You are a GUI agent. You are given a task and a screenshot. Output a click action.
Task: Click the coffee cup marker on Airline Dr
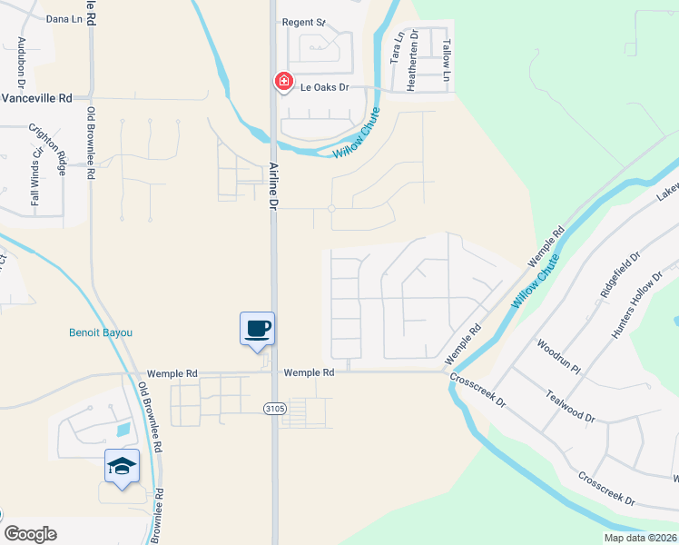[257, 328]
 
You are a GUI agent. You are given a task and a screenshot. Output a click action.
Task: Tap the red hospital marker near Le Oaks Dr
[283, 82]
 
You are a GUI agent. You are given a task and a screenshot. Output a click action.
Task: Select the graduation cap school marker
[122, 467]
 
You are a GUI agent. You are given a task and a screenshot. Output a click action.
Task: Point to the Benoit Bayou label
[101, 332]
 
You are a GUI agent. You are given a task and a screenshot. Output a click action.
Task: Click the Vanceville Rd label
[36, 98]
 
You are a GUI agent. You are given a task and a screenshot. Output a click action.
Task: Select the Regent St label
[303, 22]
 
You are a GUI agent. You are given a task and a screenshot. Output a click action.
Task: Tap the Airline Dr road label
[273, 186]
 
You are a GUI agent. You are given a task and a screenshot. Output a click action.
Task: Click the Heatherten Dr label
[413, 58]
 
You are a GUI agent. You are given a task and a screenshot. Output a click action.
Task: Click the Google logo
[31, 534]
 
